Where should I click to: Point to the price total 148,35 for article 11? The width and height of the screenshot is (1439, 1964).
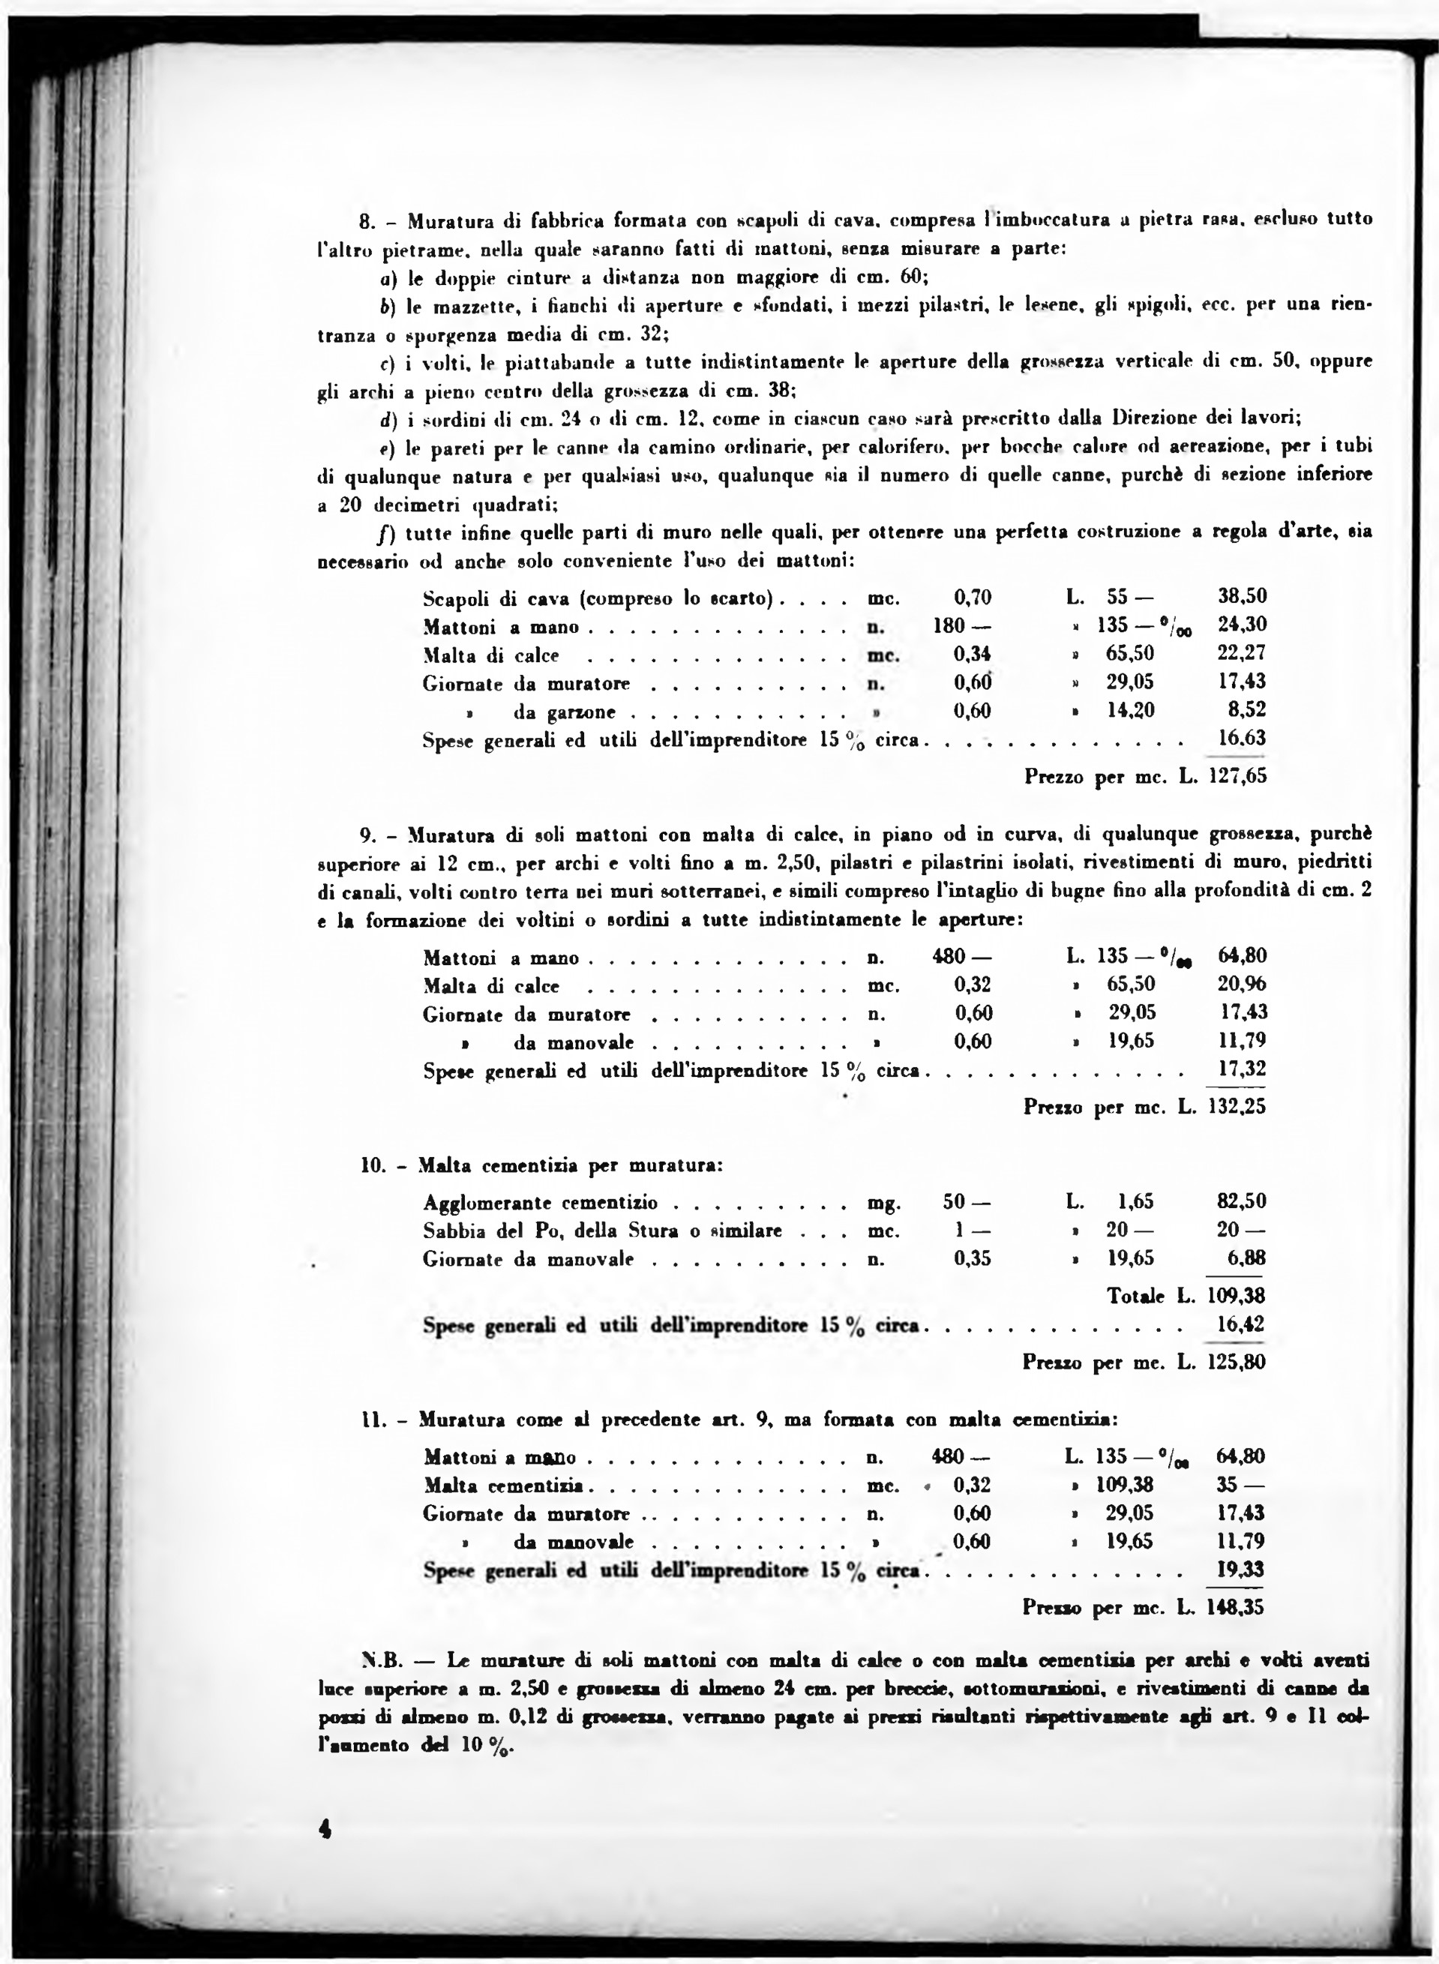pos(1237,1607)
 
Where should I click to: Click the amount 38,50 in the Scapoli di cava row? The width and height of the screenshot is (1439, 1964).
pos(1241,597)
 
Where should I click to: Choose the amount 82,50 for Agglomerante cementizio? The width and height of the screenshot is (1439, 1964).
pos(1241,1201)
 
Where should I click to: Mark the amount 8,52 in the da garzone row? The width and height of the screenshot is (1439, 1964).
pos(1247,710)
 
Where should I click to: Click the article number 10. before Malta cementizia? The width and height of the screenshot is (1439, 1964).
pos(373,1165)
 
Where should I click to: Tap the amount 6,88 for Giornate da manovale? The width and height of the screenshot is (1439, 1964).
pos(1246,1258)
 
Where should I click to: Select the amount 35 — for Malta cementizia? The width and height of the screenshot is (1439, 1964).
pos(1240,1484)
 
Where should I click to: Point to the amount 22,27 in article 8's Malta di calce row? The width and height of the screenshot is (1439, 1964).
pos(1241,653)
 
